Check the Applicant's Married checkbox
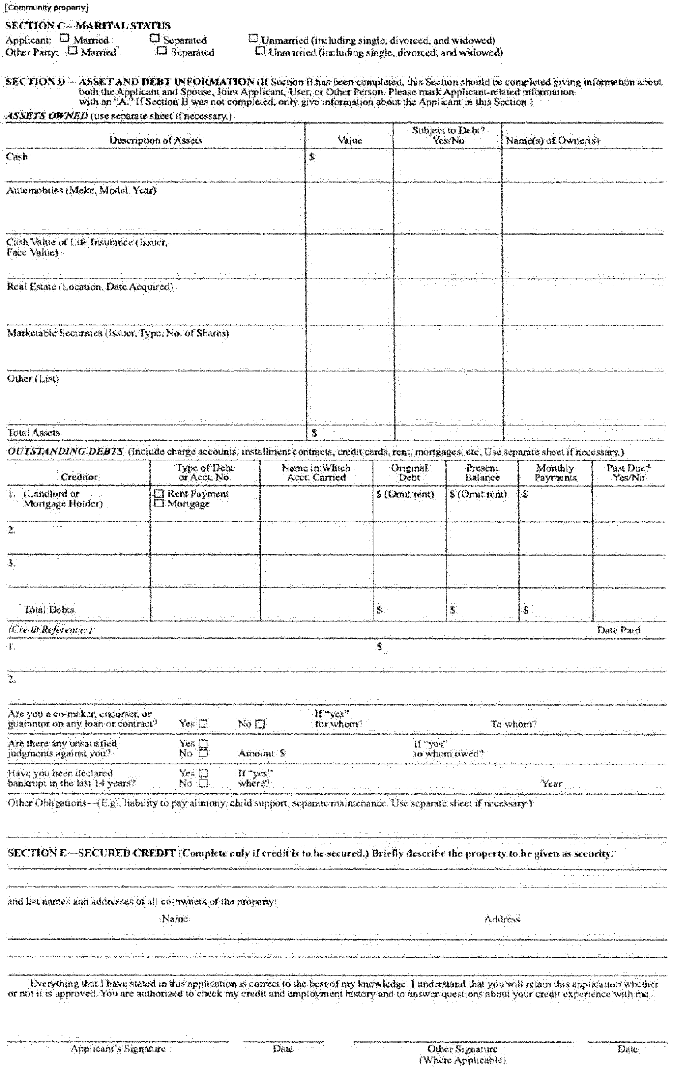[x=65, y=39]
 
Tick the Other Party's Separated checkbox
[x=162, y=51]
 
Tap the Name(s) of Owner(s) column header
[x=552, y=140]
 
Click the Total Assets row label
[x=33, y=432]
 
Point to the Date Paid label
[x=618, y=630]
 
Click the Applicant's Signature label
[x=118, y=1048]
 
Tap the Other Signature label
[x=462, y=1049]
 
